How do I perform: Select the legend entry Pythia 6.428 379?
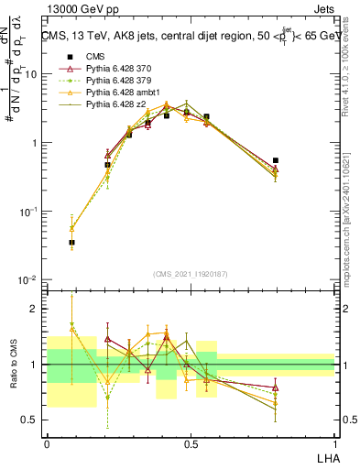pos(116,82)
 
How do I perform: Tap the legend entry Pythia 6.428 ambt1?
pos(119,93)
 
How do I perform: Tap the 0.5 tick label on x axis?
pos(190,444)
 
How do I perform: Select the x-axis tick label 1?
pos(334,444)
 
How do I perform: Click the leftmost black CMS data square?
pos(71,243)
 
